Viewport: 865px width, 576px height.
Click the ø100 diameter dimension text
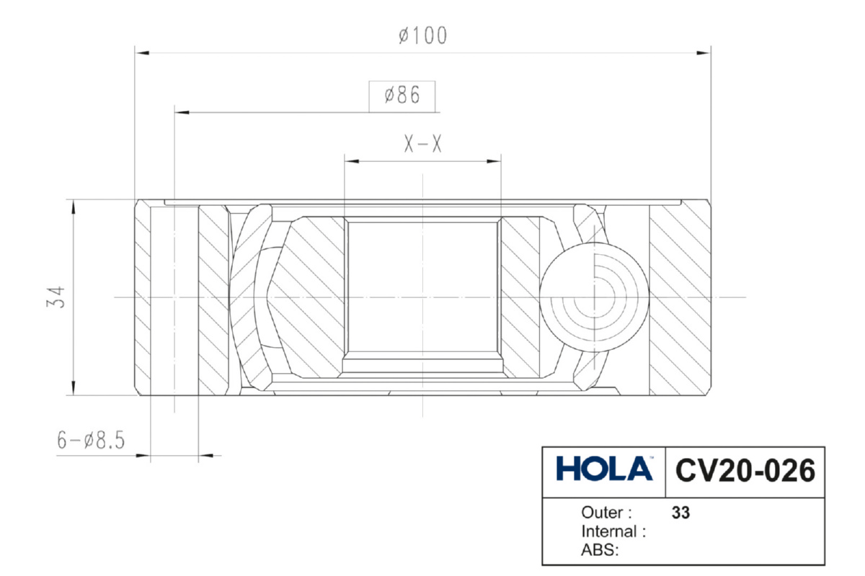(423, 35)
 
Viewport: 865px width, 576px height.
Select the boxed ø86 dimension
(402, 95)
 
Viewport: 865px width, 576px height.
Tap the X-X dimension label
(422, 143)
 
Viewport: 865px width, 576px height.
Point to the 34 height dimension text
(56, 297)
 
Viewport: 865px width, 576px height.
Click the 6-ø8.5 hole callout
(91, 440)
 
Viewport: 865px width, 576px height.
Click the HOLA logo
(604, 469)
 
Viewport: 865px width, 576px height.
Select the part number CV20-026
(745, 470)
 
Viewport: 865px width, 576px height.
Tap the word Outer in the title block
(602, 513)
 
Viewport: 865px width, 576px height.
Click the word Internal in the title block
(609, 531)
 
